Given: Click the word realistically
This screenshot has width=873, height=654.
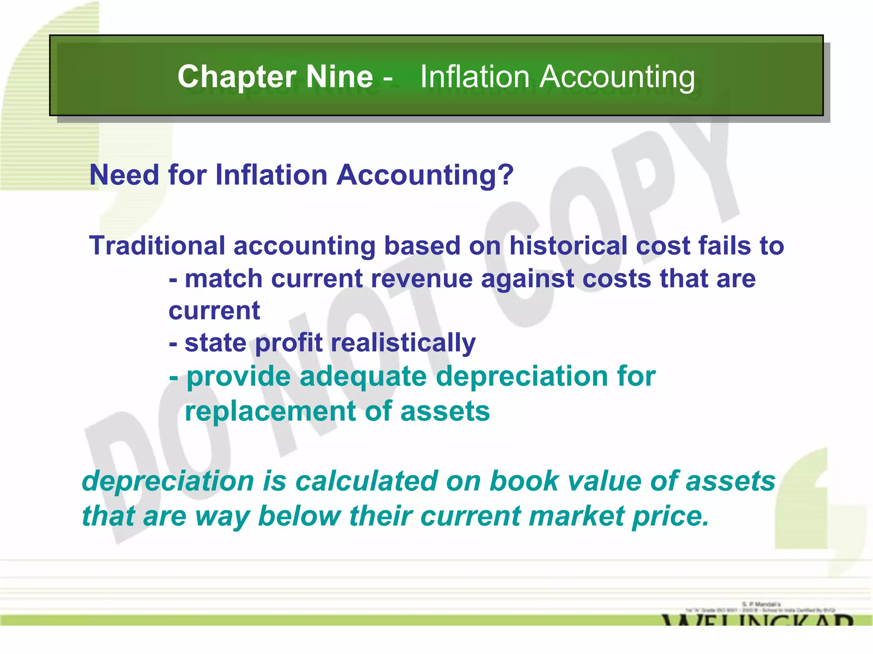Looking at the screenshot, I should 403,343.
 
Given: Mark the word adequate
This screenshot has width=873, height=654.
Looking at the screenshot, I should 363,377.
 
